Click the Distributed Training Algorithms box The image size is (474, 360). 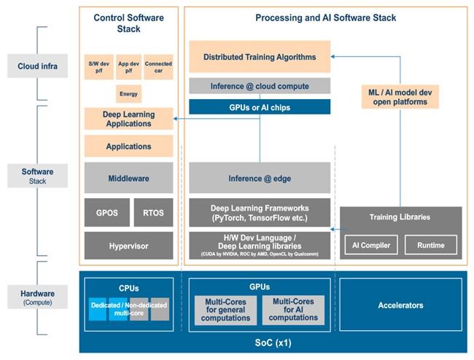pyautogui.click(x=259, y=56)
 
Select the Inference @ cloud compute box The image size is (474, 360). pyautogui.click(x=259, y=86)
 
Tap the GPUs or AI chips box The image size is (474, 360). pyautogui.click(x=259, y=106)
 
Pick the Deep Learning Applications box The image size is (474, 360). pyautogui.click(x=128, y=119)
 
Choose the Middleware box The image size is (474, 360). pyautogui.click(x=128, y=177)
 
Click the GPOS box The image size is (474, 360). pyautogui.click(x=106, y=212)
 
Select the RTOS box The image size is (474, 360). pyautogui.click(x=153, y=212)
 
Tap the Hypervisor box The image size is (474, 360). pyautogui.click(x=128, y=246)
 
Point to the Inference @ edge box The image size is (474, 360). pyautogui.click(x=259, y=177)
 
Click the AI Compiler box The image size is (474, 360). pyautogui.click(x=370, y=244)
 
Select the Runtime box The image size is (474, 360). pyautogui.click(x=430, y=244)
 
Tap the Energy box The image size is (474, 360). pyautogui.click(x=128, y=93)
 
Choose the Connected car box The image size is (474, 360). pyautogui.click(x=158, y=66)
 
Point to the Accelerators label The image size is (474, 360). pyautogui.click(x=400, y=305)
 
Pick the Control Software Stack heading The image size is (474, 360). pyautogui.click(x=128, y=23)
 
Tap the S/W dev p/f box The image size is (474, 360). pyautogui.click(x=98, y=66)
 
